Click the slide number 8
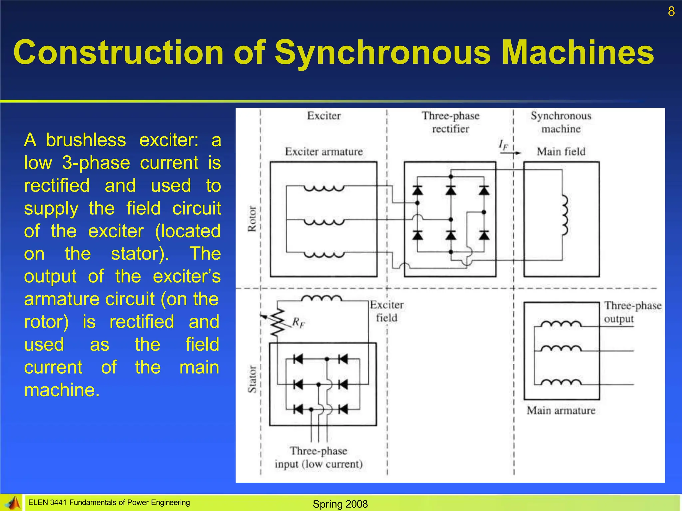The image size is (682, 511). pos(671,12)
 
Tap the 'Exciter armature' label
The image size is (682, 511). pos(324,152)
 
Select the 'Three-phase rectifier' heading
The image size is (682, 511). pos(450,122)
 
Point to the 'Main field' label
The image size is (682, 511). pos(561,152)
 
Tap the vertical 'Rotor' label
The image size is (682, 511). pos(252,219)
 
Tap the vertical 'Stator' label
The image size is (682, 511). pos(252,379)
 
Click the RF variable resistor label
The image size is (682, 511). pos(298,322)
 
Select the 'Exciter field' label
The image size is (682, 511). pos(386,311)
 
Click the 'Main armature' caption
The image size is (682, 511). pos(561,410)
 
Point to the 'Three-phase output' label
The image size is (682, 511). pos(632,312)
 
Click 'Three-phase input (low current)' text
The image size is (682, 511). pos(319,457)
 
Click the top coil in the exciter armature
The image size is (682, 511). pos(324,189)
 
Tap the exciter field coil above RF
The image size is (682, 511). pos(321,298)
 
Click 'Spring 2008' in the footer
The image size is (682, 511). pos(340,504)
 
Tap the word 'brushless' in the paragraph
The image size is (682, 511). pos(86,140)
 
